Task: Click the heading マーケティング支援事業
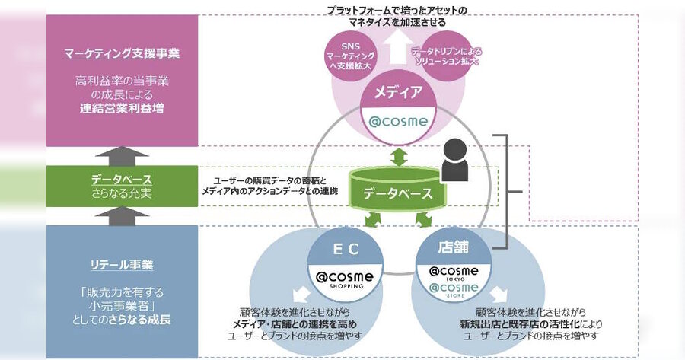[x=122, y=53]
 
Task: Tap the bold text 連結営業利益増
[x=122, y=108]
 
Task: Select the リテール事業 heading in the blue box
[x=122, y=265]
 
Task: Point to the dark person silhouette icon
[x=455, y=160]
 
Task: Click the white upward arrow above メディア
[x=397, y=49]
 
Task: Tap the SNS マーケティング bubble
[x=351, y=56]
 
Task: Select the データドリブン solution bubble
[x=447, y=56]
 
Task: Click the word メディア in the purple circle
[x=398, y=92]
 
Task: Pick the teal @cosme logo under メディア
[x=398, y=120]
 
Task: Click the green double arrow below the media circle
[x=398, y=157]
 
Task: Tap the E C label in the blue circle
[x=346, y=249]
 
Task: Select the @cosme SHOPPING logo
[x=346, y=279]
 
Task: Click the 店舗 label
[x=453, y=247]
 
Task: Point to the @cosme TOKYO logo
[x=454, y=273]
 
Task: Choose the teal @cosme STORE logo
[x=454, y=290]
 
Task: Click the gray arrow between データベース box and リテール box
[x=122, y=216]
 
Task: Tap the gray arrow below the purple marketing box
[x=122, y=155]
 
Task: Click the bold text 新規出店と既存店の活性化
[x=519, y=324]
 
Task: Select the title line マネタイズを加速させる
[x=397, y=22]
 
